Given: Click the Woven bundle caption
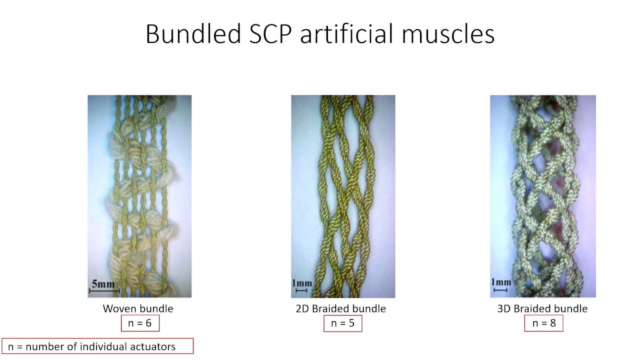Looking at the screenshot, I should pos(138,308).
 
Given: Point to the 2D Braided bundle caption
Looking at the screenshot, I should pos(340,308).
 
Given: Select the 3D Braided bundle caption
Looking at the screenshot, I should pos(542,308).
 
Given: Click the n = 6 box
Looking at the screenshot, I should pos(140,323).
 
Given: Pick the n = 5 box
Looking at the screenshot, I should pos(342,323).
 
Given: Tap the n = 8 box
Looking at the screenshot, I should pos(543,323).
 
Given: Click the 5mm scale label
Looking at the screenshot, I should pos(103,284).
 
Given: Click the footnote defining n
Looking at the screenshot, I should pos(97,346).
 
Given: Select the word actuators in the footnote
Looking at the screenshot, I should pos(154,346).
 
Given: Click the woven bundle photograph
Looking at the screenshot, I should pos(139,196).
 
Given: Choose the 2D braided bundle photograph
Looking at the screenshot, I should pos(343,196).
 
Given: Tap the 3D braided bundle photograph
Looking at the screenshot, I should pos(542,196).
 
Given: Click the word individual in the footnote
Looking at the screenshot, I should pos(108,346).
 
